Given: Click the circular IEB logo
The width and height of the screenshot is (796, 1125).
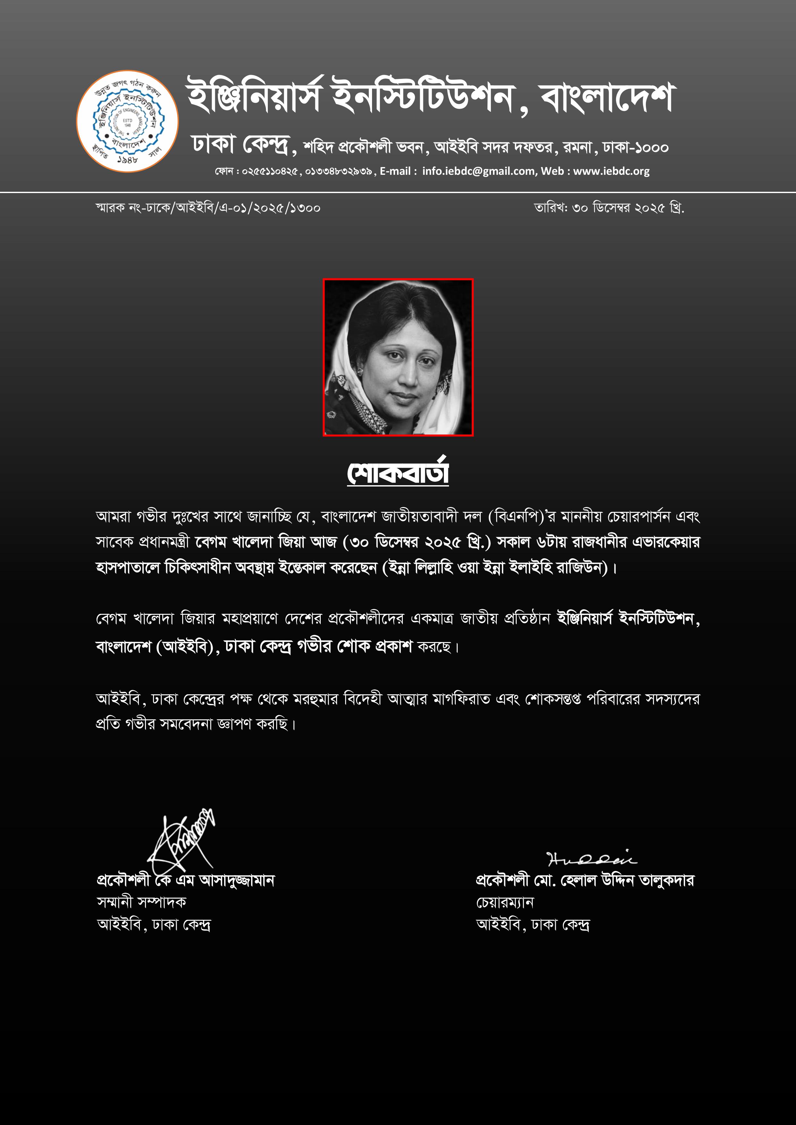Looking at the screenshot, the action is tap(127, 121).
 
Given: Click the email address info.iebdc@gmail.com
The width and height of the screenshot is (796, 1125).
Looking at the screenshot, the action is tap(478, 171).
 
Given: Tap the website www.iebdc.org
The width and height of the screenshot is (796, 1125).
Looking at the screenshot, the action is tap(611, 171).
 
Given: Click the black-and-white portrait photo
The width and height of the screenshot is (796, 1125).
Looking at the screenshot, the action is tap(398, 357).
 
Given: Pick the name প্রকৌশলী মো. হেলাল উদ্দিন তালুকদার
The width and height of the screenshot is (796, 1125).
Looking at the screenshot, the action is tap(585, 881).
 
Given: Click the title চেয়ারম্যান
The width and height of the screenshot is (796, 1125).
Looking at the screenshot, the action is tap(505, 902).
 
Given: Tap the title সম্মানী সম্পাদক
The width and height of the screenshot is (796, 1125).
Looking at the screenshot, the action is tap(142, 902).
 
